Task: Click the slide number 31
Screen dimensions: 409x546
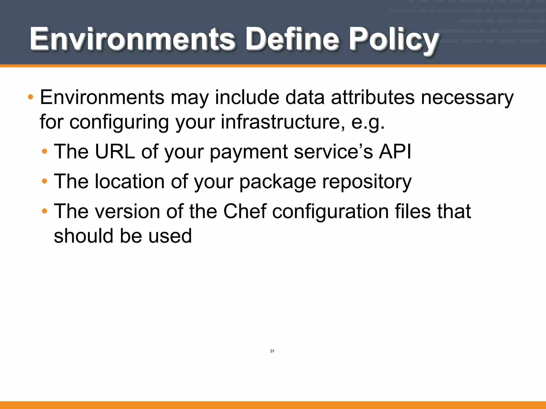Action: [272, 351]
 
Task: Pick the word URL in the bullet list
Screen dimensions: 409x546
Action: [115, 152]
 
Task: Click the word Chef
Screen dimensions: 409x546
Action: [245, 211]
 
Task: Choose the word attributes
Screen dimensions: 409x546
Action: [373, 97]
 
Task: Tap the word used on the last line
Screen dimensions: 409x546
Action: [170, 236]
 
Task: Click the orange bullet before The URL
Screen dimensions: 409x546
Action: [45, 152]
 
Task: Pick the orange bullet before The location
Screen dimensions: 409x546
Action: [45, 182]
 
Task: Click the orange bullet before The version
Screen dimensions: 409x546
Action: [45, 211]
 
